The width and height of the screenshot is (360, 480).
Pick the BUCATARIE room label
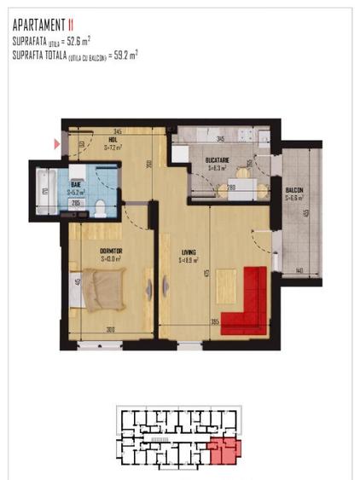pyautogui.click(x=219, y=160)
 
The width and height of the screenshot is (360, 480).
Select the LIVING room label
pyautogui.click(x=189, y=253)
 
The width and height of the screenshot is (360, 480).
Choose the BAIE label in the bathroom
pyautogui.click(x=75, y=183)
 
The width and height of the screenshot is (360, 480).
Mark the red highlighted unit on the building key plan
pyautogui.click(x=223, y=450)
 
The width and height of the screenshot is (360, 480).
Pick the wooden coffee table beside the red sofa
pyautogui.click(x=227, y=281)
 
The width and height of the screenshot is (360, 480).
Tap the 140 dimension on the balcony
pyautogui.click(x=301, y=269)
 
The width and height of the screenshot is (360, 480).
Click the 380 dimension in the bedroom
pyautogui.click(x=110, y=331)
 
